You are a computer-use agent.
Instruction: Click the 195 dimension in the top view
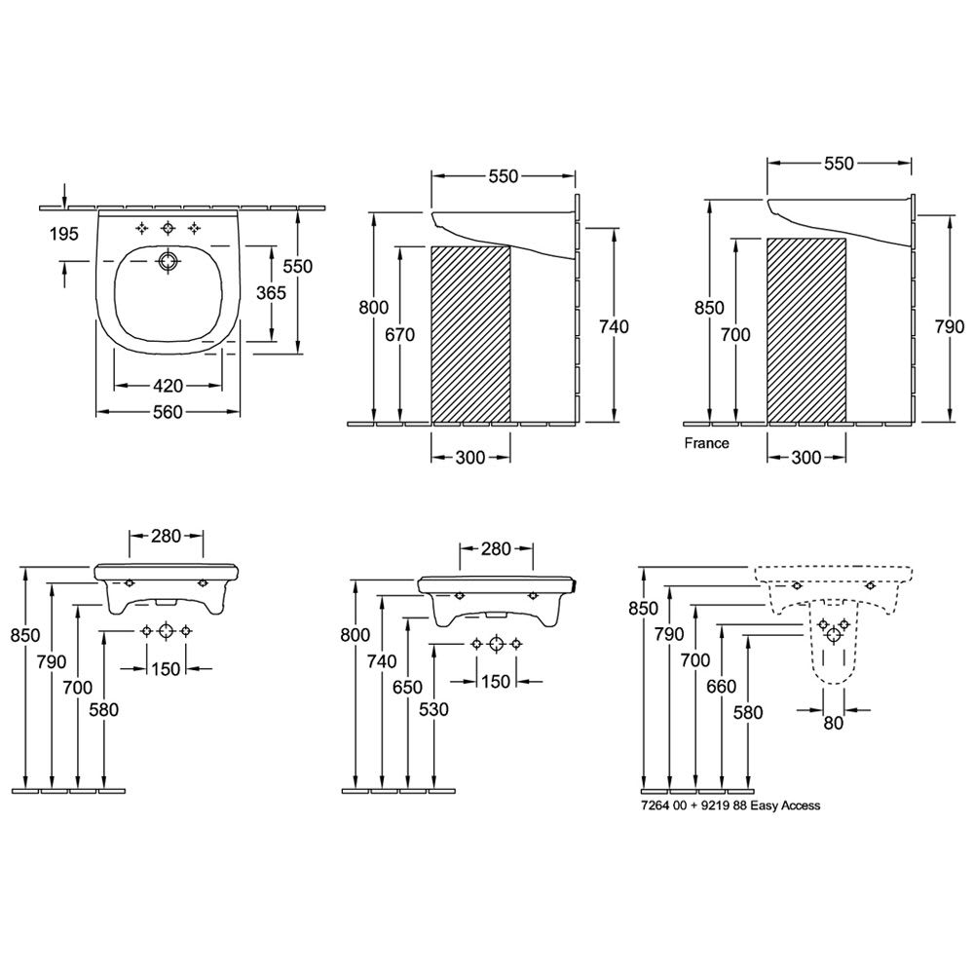coord(64,234)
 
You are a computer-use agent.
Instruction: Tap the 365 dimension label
coord(272,292)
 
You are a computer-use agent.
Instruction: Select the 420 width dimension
coord(169,387)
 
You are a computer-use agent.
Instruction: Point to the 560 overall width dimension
coord(168,412)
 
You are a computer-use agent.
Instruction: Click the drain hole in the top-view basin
coord(168,261)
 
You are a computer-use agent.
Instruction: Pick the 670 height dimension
coord(400,335)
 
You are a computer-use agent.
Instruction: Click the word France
coord(707,443)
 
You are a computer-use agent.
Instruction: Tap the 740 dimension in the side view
coord(615,326)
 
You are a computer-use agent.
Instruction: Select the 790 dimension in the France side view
coord(950,326)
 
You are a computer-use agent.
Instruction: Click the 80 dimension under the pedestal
coord(834,723)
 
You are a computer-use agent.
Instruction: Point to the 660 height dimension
coord(722,687)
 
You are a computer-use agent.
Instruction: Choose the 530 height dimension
coord(433,709)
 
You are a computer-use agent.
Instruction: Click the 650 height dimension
coord(407,687)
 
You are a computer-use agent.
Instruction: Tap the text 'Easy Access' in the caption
coord(785,805)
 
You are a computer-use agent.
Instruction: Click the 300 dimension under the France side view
coord(806,458)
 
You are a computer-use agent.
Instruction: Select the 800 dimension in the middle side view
coord(374,308)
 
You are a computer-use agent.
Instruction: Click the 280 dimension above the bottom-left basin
coord(166,536)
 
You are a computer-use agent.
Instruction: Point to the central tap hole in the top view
coord(168,229)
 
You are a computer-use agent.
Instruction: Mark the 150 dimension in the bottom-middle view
coord(496,682)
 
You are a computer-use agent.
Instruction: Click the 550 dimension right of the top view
coord(297,266)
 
